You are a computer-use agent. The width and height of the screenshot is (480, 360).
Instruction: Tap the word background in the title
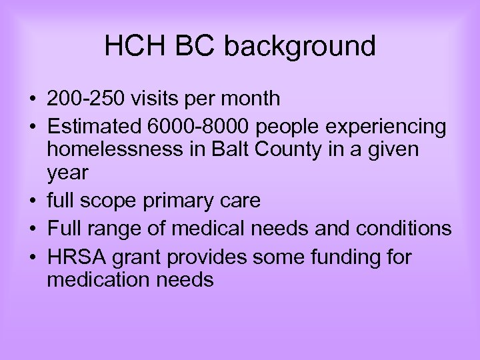click(300, 47)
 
